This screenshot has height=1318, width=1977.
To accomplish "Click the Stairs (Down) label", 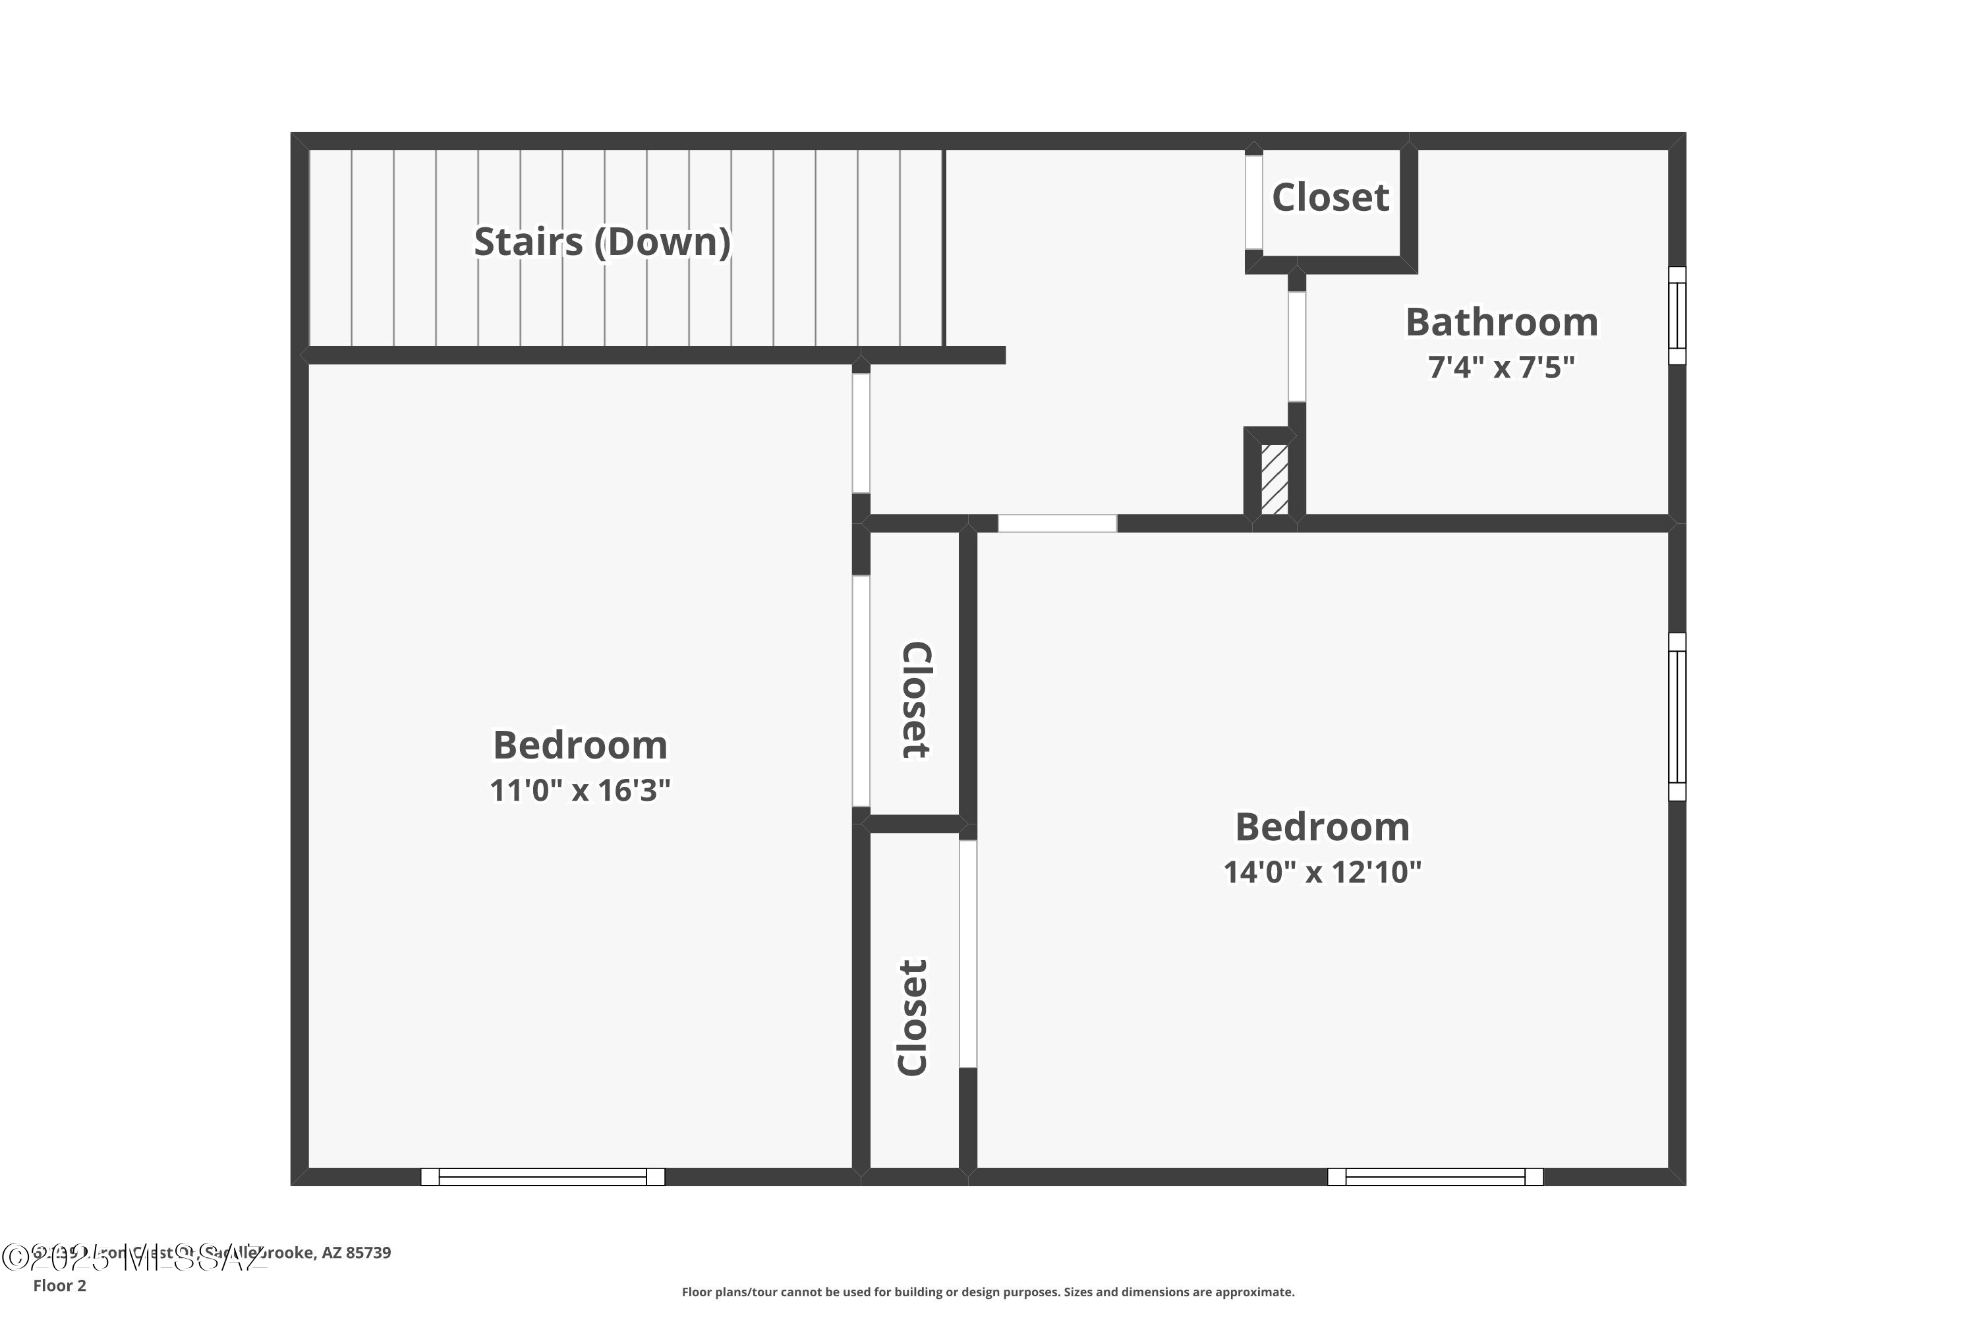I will [x=602, y=242].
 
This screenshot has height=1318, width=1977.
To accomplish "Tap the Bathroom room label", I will [x=1501, y=323].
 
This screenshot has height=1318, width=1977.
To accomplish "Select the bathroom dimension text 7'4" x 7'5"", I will [x=1501, y=367].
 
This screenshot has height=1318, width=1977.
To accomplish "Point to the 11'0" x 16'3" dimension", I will [x=580, y=790].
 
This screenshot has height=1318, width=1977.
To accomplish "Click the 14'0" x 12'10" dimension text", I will [x=1321, y=872].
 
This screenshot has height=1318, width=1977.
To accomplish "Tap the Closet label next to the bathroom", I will [x=1330, y=198].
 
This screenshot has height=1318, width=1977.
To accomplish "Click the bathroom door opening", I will [x=1296, y=347].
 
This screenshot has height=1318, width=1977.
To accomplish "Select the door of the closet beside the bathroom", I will [x=1253, y=202].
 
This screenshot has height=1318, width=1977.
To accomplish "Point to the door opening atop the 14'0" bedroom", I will [x=1056, y=523].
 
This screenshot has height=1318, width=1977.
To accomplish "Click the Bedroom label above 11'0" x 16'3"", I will [x=580, y=745].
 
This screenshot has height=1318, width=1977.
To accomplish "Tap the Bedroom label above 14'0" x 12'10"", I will [x=1321, y=827].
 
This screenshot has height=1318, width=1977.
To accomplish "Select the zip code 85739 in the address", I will [x=368, y=1253].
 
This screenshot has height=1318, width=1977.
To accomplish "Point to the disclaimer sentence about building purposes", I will [x=988, y=1292].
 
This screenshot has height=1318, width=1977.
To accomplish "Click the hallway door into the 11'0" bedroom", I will [x=861, y=433].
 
